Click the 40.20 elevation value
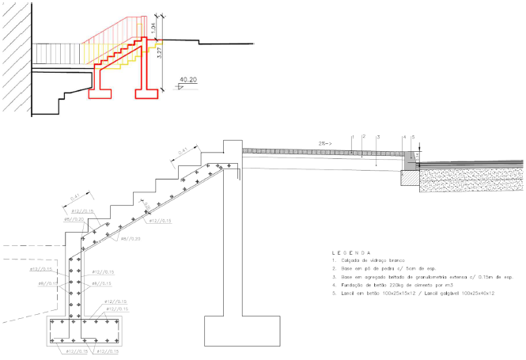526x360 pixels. (x=189, y=79)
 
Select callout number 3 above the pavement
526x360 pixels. (x=378, y=137)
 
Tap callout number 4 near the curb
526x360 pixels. (x=404, y=137)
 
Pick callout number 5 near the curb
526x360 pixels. (x=413, y=137)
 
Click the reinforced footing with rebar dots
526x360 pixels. (x=85, y=332)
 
